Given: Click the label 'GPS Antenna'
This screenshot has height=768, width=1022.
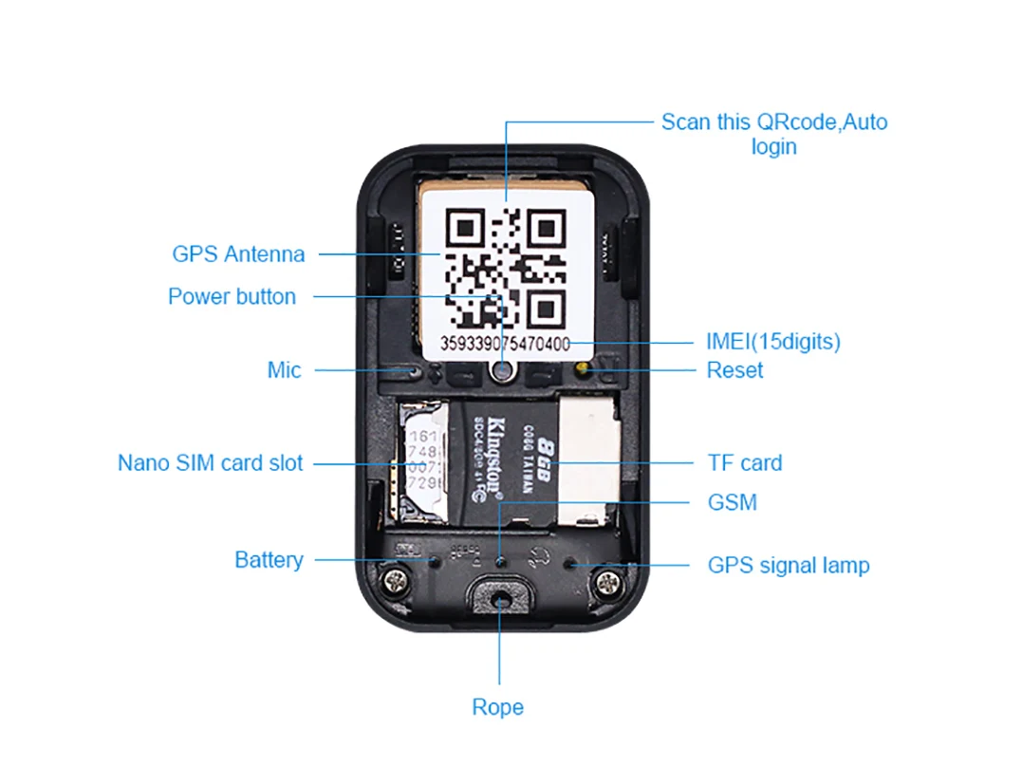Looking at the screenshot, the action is click(238, 254).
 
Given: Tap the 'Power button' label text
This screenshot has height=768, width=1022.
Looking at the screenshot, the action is click(232, 296).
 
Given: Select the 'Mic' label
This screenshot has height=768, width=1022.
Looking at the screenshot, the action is click(284, 370).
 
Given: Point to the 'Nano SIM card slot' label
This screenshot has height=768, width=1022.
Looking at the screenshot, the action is click(210, 463).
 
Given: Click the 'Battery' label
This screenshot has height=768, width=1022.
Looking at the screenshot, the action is click(269, 560).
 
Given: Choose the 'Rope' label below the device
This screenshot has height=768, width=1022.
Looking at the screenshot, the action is click(497, 707).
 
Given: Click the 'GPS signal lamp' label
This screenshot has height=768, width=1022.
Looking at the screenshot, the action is click(788, 566).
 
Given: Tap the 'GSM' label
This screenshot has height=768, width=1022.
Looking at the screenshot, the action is click(732, 502).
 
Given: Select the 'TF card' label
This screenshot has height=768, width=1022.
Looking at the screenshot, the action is click(744, 463).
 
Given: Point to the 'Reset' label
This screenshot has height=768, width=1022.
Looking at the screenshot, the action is click(734, 370).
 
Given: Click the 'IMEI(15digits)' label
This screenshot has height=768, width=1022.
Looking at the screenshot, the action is click(772, 342).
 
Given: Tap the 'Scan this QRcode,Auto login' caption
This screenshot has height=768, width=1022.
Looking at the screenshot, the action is click(773, 134).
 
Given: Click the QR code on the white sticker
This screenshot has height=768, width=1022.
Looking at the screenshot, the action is click(506, 267).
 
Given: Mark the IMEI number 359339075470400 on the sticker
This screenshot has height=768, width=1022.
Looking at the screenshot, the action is click(505, 343).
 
